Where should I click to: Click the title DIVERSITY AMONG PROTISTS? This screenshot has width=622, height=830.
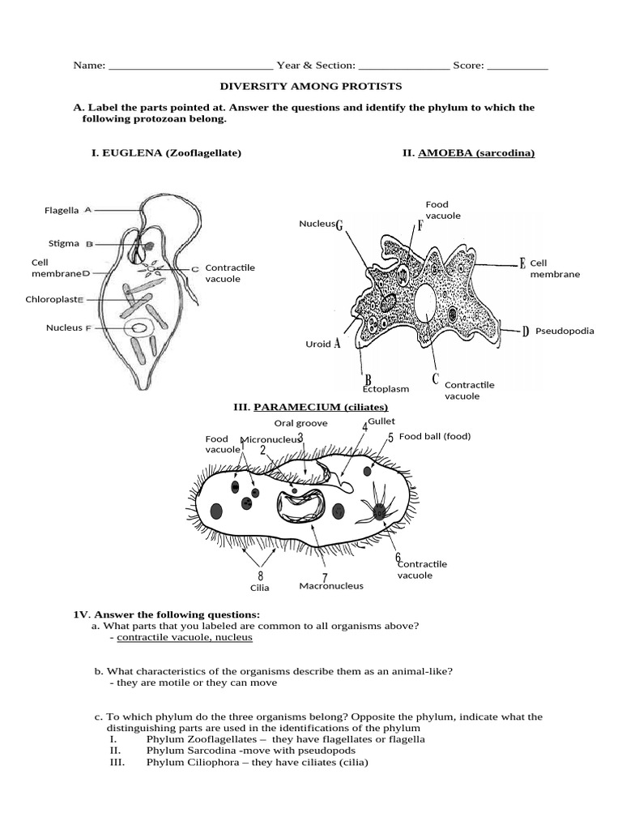coord(311,86)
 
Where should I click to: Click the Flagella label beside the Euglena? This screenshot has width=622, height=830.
coord(62,210)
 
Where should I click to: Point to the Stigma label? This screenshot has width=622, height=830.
coord(63,242)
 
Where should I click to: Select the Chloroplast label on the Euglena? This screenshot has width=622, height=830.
coord(51,299)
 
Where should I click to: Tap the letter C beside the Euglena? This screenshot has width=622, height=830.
coord(194,268)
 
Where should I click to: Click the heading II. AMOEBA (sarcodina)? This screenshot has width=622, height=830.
coord(468,152)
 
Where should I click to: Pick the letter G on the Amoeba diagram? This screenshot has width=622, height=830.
coord(339,224)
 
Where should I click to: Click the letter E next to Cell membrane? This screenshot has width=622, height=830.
coord(522,263)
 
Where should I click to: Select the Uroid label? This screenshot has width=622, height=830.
coord(319,344)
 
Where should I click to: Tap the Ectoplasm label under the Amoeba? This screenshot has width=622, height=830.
coord(386,389)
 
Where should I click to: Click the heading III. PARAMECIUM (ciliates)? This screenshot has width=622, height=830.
coord(310,407)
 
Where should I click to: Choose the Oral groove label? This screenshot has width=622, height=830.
coord(300,422)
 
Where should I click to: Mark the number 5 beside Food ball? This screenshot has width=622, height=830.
coord(390,438)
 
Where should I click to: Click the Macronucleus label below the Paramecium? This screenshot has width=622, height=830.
coord(331,585)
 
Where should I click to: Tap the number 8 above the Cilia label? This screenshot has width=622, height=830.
coord(260,575)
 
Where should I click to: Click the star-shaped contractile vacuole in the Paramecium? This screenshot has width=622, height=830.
coord(378,511)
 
